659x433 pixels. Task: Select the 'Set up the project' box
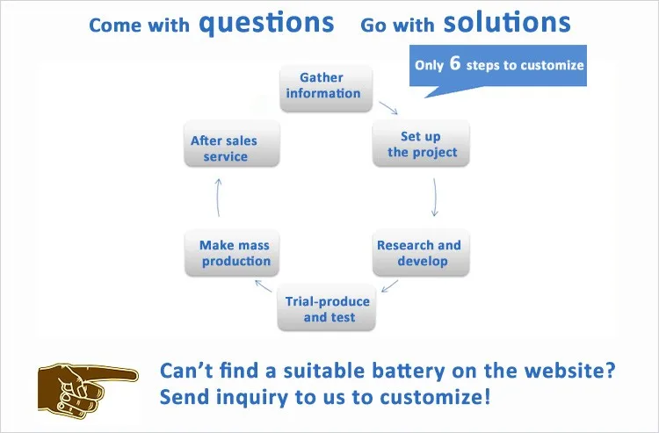pyautogui.click(x=421, y=144)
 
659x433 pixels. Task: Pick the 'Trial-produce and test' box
pyautogui.click(x=327, y=308)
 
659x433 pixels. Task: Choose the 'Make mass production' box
pyautogui.click(x=234, y=253)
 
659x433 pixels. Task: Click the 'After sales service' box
pyautogui.click(x=225, y=148)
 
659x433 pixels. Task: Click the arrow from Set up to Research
pyautogui.click(x=434, y=198)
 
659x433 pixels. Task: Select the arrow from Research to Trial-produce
pyautogui.click(x=390, y=285)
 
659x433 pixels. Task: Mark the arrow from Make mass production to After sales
pyautogui.click(x=218, y=198)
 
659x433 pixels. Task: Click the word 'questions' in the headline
pyautogui.click(x=267, y=23)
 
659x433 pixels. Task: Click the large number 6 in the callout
pyautogui.click(x=454, y=63)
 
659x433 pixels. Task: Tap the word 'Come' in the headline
pyautogui.click(x=115, y=25)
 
